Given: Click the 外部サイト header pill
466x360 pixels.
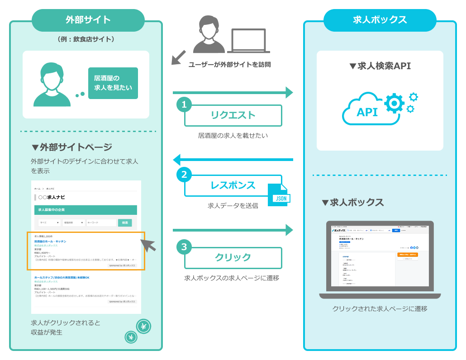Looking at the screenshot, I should (88, 20).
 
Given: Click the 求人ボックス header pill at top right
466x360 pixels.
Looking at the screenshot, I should (380, 20).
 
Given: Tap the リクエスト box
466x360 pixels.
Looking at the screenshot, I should (233, 115).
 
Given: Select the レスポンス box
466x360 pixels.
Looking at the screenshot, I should (233, 185).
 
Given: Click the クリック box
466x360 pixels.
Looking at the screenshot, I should (233, 257).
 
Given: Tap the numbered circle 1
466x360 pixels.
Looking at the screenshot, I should (184, 104).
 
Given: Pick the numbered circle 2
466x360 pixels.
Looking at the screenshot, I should (184, 175).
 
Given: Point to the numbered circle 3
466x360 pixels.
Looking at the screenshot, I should (184, 247).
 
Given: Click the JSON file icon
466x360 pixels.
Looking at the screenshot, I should (279, 195).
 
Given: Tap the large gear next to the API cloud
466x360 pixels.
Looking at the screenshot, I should (394, 103).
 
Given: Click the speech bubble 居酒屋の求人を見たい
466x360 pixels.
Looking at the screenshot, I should (113, 83).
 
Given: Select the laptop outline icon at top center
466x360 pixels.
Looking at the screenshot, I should (248, 41).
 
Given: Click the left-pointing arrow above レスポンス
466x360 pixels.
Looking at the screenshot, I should (233, 160).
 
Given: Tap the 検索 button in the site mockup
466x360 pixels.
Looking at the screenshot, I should (125, 223).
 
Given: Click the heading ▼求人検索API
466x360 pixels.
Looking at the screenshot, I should (380, 66).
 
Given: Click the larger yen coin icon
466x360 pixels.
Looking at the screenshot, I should (144, 326).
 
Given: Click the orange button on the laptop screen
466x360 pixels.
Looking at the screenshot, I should (408, 255).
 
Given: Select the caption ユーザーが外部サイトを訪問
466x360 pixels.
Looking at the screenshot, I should (229, 65).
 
